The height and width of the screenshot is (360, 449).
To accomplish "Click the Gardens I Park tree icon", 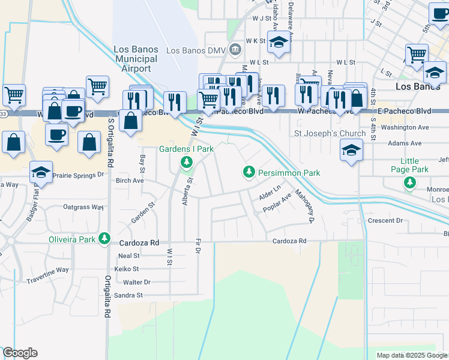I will tap(187, 161).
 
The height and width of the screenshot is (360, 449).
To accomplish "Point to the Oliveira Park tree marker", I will tap(105, 239).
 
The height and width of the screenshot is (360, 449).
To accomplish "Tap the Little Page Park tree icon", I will tap(410, 182).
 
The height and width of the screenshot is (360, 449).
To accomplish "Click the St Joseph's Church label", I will tap(330, 133).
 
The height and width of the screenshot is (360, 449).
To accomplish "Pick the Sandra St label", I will tap(128, 295).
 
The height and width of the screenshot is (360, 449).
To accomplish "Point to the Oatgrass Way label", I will tap(84, 207).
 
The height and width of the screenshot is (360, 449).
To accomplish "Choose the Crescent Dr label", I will tap(385, 220).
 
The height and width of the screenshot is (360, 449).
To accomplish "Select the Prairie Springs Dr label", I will tap(78, 175).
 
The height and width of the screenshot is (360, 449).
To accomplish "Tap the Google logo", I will tap(20, 353).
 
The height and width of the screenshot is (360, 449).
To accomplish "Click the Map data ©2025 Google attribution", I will tap(411, 355).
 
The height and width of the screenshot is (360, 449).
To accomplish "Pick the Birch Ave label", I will tap(130, 180).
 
